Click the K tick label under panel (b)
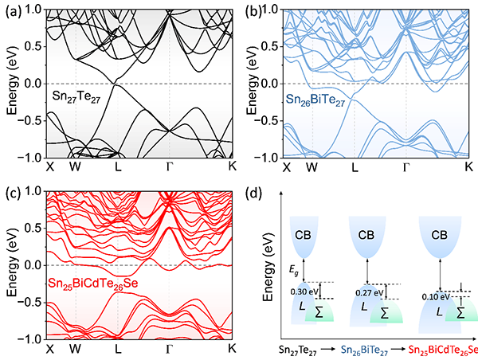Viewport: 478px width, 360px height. (469, 169)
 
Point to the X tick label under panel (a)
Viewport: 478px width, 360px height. (50, 169)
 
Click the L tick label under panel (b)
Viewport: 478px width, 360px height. (355, 169)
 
